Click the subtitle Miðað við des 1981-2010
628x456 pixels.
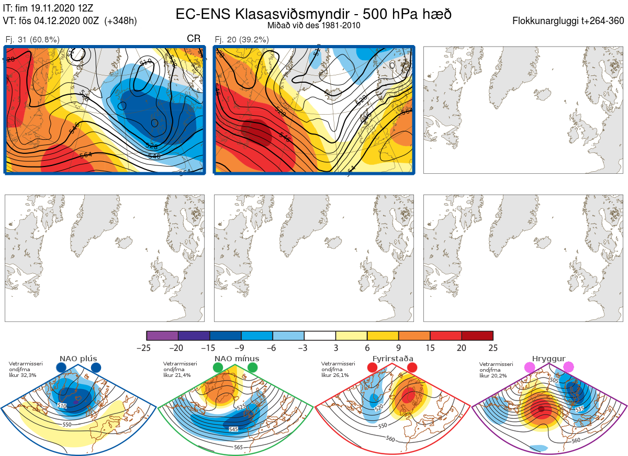[x=313, y=25]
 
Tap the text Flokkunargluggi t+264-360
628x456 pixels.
[x=569, y=21]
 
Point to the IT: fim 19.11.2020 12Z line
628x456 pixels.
[x=49, y=8]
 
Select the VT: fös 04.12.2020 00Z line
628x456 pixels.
[x=70, y=21]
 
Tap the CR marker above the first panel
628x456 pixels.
[x=194, y=39]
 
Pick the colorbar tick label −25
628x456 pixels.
[x=147, y=348]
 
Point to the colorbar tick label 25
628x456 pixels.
[x=493, y=348]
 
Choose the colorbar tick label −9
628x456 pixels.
[x=241, y=348]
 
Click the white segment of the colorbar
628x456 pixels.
[x=320, y=336]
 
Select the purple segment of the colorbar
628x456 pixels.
[x=162, y=336]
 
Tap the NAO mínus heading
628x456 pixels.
[x=237, y=359]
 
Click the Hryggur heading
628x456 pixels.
[x=549, y=359]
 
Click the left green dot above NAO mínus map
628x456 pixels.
[x=218, y=368]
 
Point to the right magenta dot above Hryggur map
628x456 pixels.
[x=568, y=368]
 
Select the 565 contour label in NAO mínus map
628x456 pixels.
[x=239, y=448]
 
